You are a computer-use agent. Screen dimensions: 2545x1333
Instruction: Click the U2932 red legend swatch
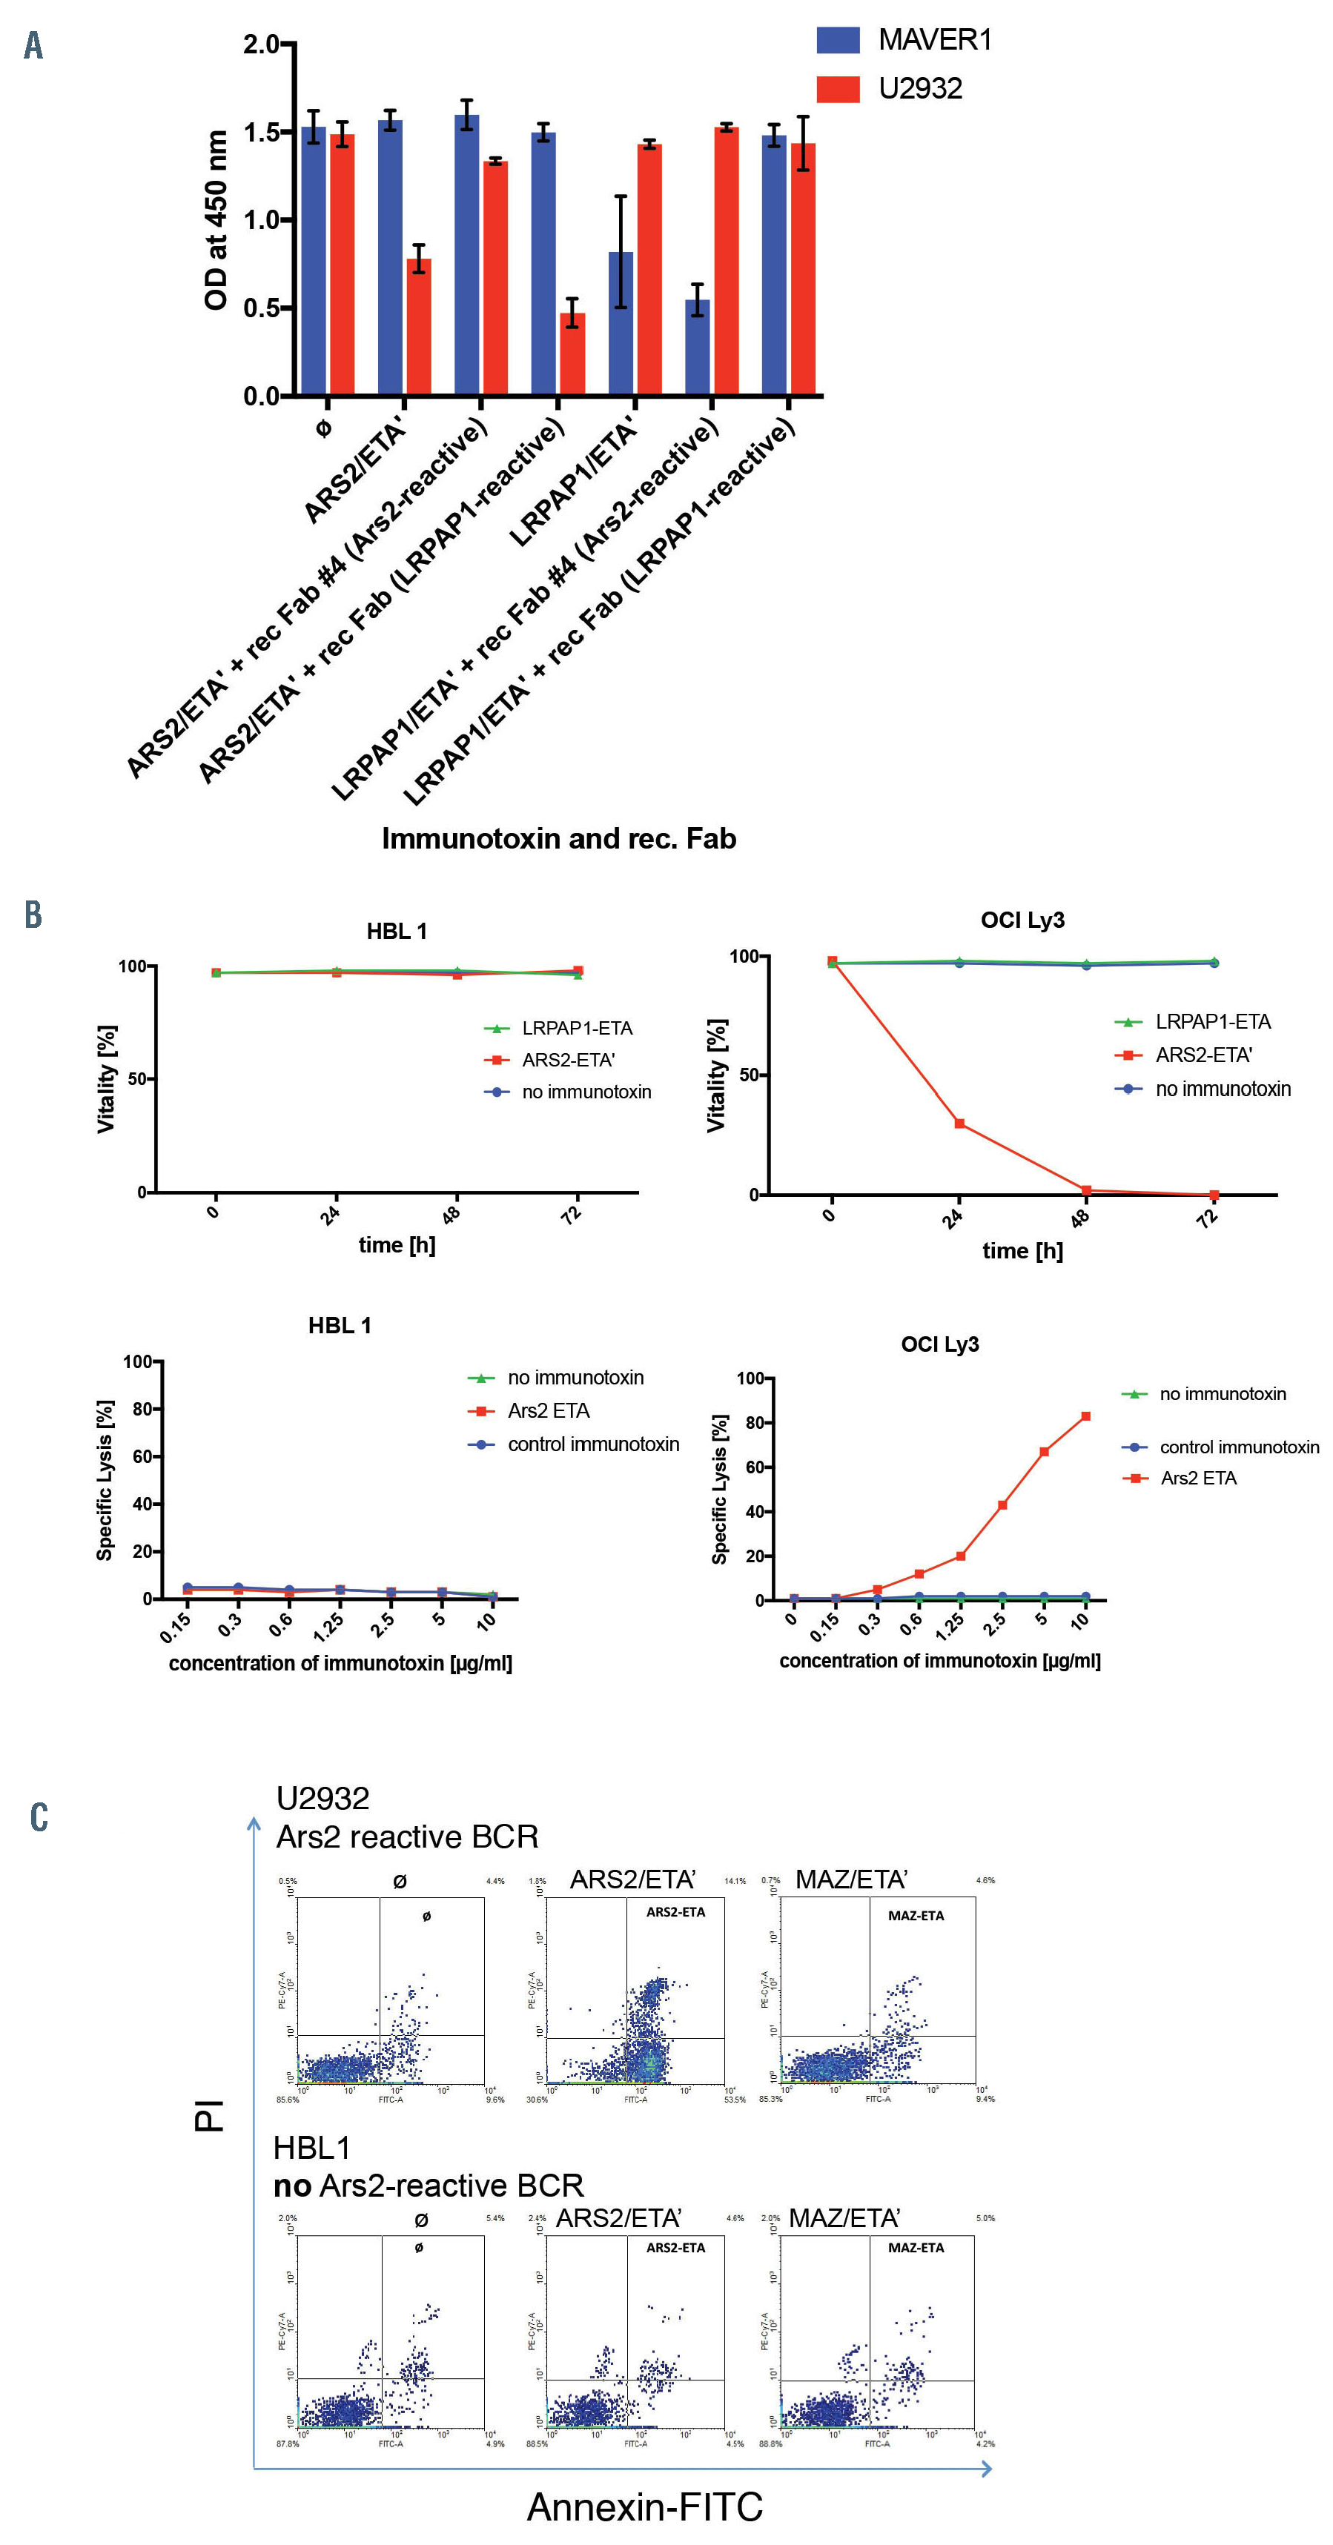[x=837, y=89]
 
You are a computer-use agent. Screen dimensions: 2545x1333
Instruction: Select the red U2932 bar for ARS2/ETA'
[x=419, y=326]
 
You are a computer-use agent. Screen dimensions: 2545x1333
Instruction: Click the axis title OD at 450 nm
[x=216, y=220]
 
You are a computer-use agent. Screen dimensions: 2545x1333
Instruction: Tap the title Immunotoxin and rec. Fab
[x=558, y=839]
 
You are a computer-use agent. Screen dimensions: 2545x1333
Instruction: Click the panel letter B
[x=33, y=915]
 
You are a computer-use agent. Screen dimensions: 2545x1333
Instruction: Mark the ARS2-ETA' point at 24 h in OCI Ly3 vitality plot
[x=959, y=1124]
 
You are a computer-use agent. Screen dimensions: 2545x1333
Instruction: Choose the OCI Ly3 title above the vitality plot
[x=1022, y=920]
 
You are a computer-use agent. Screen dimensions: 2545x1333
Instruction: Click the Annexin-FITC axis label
[x=644, y=2506]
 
